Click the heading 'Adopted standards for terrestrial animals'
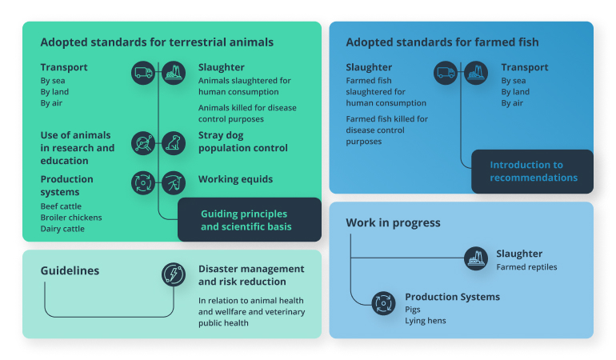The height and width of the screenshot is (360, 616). [157, 42]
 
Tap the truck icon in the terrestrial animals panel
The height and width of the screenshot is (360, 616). [143, 74]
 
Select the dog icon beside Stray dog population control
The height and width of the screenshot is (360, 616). [174, 142]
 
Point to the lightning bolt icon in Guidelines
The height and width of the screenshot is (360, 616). [174, 274]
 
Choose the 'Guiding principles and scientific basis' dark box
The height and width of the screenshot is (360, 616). [249, 220]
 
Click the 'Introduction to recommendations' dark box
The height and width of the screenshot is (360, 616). [532, 171]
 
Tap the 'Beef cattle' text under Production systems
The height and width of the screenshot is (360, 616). [61, 206]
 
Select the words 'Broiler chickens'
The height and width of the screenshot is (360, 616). [71, 218]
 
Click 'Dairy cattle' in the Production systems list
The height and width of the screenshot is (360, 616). [62, 229]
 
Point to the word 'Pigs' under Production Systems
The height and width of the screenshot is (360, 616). [414, 309]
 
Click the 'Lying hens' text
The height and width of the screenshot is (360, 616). [426, 320]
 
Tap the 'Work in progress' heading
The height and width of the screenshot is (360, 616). [393, 223]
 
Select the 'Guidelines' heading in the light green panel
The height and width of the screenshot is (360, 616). [70, 271]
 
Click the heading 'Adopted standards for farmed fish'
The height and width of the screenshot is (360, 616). [442, 42]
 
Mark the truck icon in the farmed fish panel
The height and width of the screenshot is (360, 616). [446, 74]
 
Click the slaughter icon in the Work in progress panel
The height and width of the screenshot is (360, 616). [476, 258]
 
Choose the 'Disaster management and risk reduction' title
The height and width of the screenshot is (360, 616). [251, 274]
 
